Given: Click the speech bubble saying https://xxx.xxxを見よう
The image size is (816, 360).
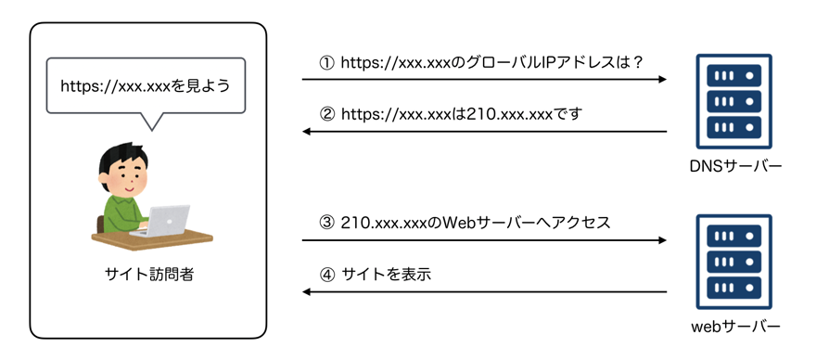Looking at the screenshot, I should (145, 86).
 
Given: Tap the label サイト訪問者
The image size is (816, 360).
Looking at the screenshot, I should (149, 274).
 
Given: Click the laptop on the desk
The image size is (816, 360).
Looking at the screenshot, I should (164, 220).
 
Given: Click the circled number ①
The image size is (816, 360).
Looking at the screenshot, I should (325, 63).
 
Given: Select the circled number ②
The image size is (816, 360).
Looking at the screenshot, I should (325, 115).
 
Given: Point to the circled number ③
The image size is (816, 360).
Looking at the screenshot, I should (325, 223).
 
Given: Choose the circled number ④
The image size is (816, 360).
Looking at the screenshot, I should (325, 275).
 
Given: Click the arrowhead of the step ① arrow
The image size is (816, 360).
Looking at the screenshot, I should (662, 80).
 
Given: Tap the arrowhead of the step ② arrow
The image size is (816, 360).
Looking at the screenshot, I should (308, 132).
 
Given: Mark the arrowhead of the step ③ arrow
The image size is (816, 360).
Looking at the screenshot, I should (662, 239).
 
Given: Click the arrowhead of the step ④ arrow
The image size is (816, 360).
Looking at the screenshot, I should (308, 291).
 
